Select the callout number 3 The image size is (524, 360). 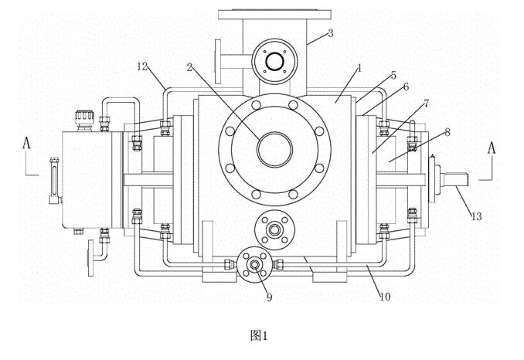331,33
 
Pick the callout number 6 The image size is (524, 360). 407,89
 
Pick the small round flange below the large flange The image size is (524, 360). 273,229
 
